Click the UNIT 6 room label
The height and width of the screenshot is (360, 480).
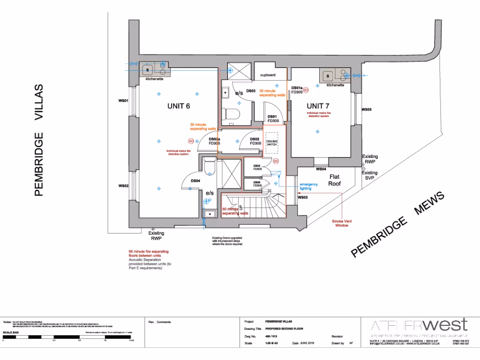[179, 106]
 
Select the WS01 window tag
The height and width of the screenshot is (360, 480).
[123, 100]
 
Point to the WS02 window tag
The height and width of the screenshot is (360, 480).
[123, 186]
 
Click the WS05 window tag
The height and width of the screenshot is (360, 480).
[366, 110]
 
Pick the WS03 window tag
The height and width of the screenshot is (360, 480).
[303, 197]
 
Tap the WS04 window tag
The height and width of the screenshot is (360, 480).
[321, 169]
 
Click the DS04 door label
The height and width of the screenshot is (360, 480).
[195, 181]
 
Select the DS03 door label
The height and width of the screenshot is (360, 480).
[250, 91]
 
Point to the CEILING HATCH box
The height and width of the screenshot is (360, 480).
[272, 143]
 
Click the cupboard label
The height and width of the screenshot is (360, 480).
[268, 75]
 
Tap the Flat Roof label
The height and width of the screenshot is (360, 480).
[334, 180]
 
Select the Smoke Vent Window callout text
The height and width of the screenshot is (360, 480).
[342, 223]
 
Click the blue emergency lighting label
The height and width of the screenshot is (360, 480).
[308, 186]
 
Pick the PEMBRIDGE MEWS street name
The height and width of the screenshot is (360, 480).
[397, 225]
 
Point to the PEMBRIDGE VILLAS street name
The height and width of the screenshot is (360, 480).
[39, 141]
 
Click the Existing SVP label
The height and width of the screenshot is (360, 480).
[369, 176]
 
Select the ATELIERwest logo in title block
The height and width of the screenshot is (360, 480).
[418, 325]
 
